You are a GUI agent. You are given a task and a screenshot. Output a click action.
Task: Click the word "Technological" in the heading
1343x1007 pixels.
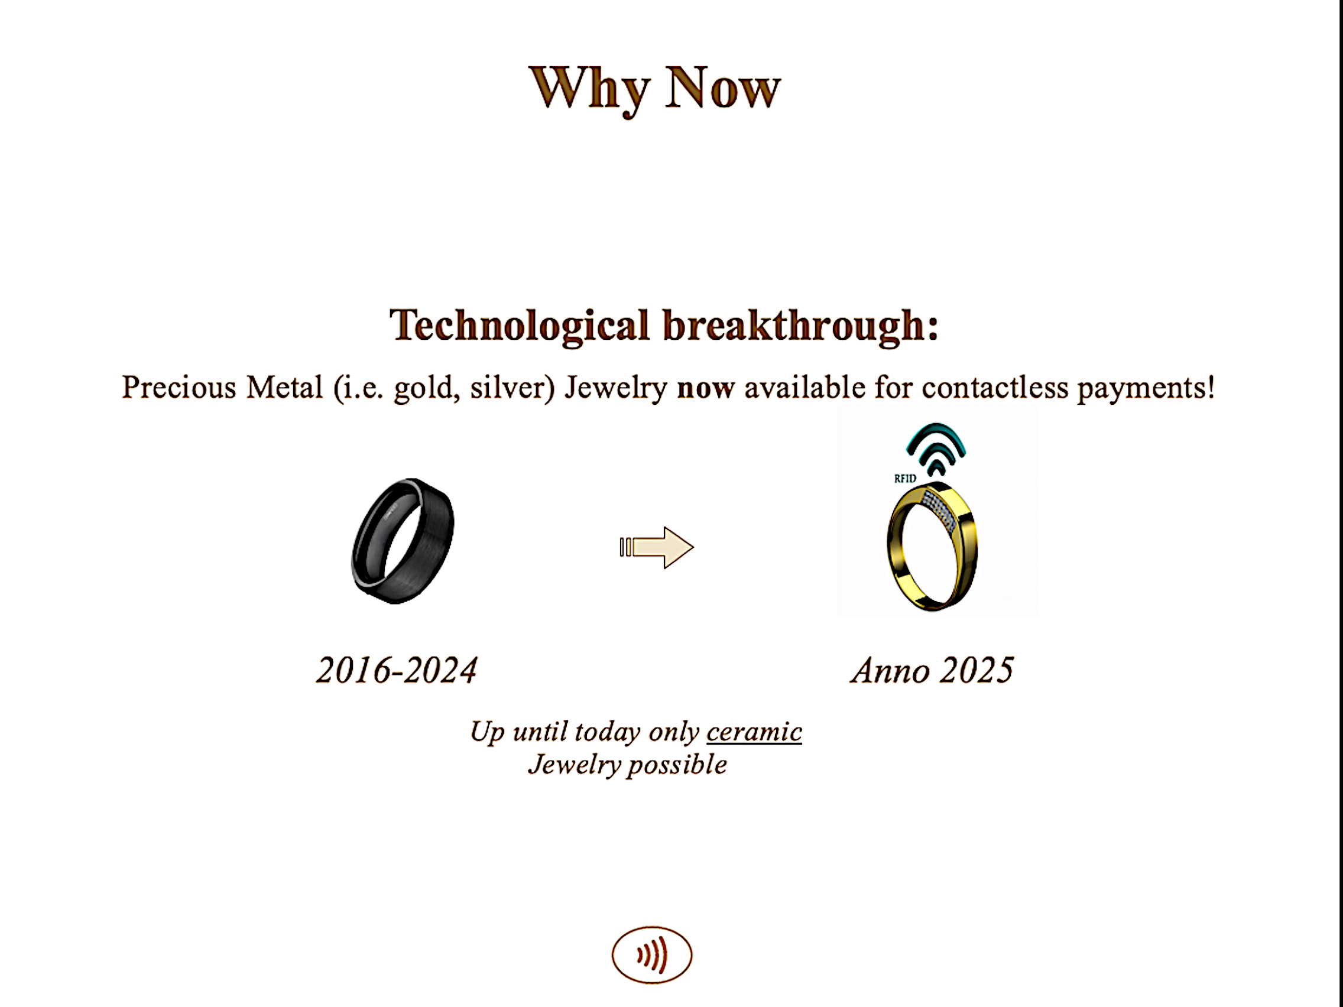tap(520, 326)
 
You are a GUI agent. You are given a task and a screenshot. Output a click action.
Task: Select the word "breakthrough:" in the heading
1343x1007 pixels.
tap(800, 326)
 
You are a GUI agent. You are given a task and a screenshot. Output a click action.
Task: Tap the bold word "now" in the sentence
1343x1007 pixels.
tap(706, 388)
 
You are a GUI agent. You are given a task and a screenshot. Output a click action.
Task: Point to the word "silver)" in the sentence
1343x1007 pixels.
tap(512, 388)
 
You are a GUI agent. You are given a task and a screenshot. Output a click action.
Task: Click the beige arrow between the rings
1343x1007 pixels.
tap(656, 547)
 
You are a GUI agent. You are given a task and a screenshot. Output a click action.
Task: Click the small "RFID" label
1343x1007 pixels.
tap(905, 479)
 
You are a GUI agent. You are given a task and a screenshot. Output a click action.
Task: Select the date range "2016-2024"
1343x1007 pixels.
tap(397, 671)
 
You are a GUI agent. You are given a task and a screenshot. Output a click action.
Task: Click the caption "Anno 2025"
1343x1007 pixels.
tap(932, 671)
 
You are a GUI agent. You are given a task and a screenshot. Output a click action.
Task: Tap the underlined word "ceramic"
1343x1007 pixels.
tap(754, 732)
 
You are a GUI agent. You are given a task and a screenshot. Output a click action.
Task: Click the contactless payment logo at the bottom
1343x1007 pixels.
tap(651, 955)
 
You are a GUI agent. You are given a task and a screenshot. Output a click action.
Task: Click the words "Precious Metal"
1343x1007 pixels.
tap(222, 388)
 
